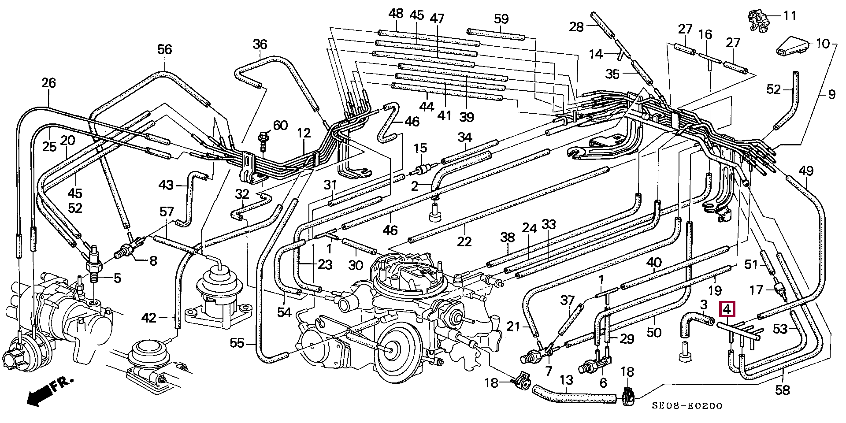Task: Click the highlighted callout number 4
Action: (x=727, y=309)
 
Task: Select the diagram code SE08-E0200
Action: (x=687, y=406)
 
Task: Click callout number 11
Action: (x=790, y=16)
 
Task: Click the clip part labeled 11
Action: (x=759, y=20)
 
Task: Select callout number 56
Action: (x=165, y=49)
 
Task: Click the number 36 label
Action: (x=260, y=44)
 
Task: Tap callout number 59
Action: (x=501, y=19)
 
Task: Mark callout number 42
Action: (x=149, y=317)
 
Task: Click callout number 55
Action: (x=237, y=343)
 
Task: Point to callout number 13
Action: (x=566, y=380)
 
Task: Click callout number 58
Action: (x=783, y=390)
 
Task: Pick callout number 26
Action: (x=49, y=82)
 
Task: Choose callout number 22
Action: (x=464, y=241)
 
